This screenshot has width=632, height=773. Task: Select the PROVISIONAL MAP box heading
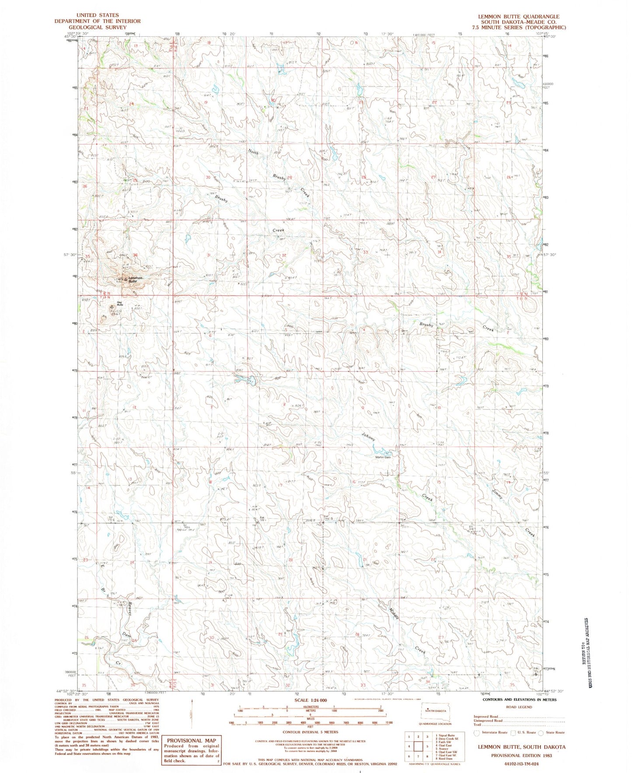192,741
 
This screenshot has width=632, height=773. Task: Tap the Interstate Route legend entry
492,732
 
